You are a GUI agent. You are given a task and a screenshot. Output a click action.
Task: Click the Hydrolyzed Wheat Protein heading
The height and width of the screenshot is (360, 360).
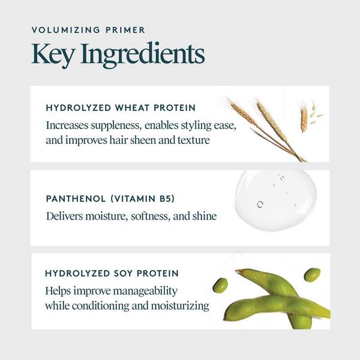(120, 109)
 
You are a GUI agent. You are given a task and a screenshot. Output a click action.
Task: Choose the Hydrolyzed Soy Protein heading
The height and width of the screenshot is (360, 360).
(112, 274)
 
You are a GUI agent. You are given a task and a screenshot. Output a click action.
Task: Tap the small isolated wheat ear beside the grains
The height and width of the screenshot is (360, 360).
(304, 118)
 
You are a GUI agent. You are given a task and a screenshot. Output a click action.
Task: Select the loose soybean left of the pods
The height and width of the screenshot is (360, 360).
(220, 285)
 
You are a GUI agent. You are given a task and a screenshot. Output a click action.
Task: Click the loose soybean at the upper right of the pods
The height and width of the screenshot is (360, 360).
(312, 275)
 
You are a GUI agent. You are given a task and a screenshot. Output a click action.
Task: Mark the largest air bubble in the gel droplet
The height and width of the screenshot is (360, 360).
(260, 204)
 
